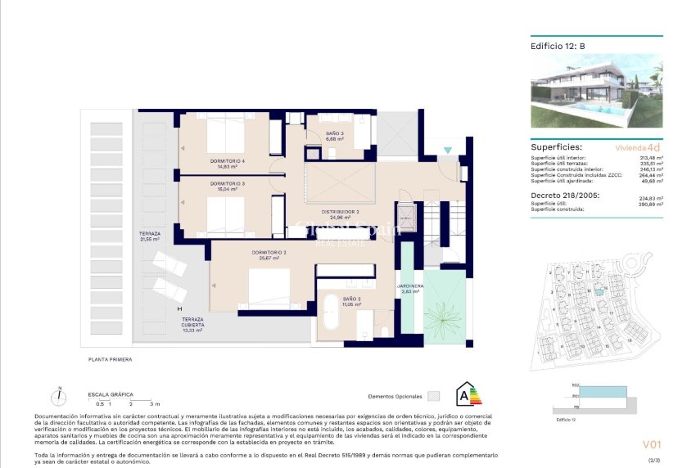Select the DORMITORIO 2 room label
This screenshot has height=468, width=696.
point(272,254)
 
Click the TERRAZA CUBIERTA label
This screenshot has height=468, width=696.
point(192,322)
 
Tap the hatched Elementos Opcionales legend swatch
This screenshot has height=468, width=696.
point(434,395)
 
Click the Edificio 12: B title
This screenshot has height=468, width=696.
point(558,47)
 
